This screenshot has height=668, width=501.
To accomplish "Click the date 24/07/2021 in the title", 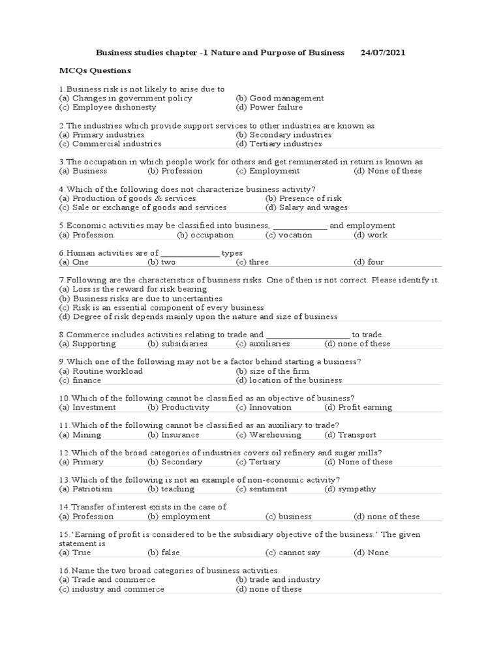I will pos(383,52).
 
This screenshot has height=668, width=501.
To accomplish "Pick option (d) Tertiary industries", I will pos(279,144).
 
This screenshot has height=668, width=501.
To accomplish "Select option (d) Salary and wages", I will pos(307,207).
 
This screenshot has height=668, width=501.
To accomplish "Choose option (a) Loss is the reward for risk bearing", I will pos(132,288).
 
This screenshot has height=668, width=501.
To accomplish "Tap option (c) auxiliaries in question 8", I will pos(262,344).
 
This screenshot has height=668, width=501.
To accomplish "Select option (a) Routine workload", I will pos(100,371).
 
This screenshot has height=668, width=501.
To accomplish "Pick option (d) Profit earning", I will pos(358,407).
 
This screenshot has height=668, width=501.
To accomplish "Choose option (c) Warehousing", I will pos(268,434).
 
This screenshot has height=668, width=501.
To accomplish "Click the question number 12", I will pos(63,453).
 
